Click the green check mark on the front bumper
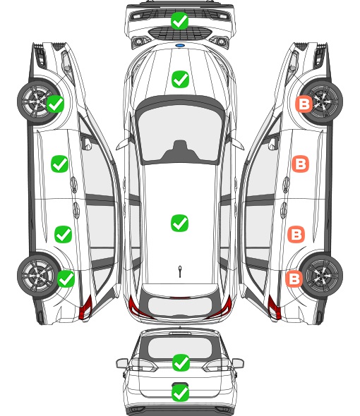179,20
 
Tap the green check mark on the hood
180,79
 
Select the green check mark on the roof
179,223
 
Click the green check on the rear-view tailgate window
181,362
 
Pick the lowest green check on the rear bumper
181,393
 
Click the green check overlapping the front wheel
56,104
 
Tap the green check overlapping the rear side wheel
66,279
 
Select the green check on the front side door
59,164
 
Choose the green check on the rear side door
64,234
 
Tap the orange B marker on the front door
300,164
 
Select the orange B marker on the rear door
296,234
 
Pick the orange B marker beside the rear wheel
294,279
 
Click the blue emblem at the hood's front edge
180,45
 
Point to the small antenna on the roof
180,271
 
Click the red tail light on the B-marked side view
274,307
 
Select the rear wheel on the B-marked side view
322,276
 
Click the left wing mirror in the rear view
122,363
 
